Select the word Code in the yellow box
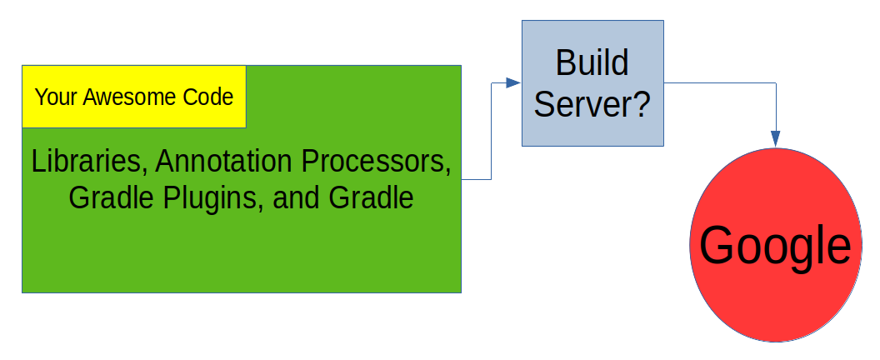coord(209,97)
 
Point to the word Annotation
coord(224,162)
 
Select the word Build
coord(592,62)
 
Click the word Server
coord(584,104)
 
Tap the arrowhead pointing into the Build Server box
coord(513,82)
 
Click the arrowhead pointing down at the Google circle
coord(776,139)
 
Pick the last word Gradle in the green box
coord(371,197)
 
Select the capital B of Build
coord(565,62)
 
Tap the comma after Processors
coord(447,172)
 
